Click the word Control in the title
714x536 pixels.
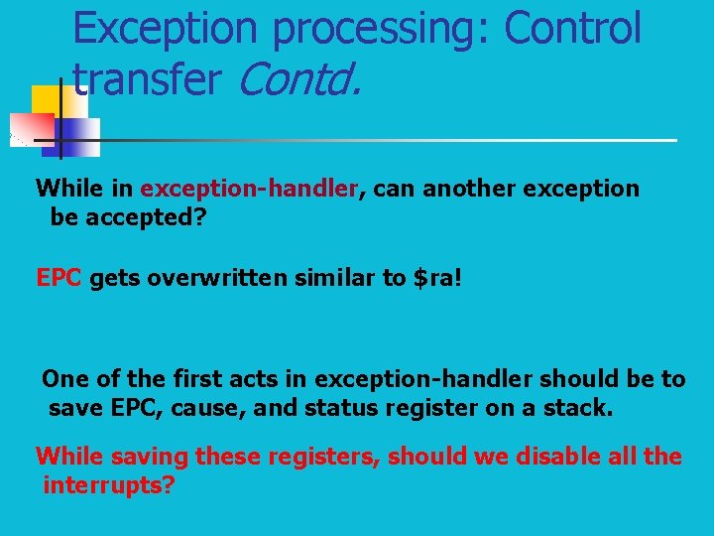point(572,28)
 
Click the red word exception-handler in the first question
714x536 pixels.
point(248,189)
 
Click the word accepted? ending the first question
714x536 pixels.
point(145,217)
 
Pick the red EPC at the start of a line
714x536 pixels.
point(58,278)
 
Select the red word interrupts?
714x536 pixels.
point(109,486)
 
